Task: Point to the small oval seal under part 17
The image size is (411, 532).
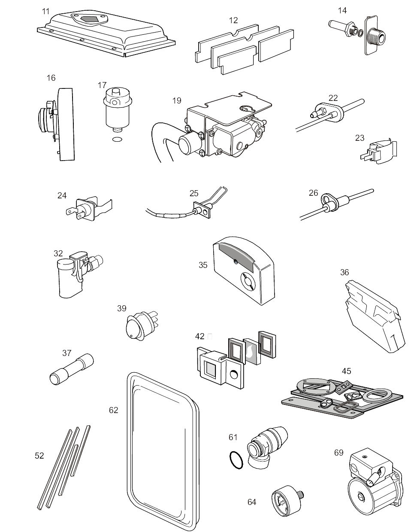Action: (x=116, y=139)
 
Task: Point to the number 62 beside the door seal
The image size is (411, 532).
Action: (x=113, y=410)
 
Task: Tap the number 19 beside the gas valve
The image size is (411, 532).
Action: (x=177, y=101)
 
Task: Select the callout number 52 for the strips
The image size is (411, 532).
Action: (x=39, y=456)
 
